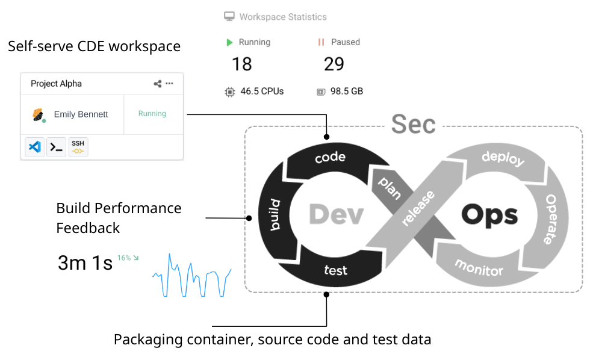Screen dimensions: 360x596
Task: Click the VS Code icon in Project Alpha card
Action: (35, 146)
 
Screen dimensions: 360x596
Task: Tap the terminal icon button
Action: (56, 146)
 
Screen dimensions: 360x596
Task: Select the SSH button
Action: (78, 146)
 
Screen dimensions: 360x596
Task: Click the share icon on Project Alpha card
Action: (158, 84)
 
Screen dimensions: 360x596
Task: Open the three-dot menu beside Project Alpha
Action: (170, 84)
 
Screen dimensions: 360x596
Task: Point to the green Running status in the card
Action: (152, 114)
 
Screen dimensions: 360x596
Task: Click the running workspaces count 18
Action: (242, 64)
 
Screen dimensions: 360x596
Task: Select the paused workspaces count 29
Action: (334, 64)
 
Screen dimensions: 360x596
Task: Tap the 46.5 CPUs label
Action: (262, 92)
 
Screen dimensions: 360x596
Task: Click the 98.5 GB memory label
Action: (347, 92)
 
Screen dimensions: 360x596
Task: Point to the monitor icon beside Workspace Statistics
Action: (229, 17)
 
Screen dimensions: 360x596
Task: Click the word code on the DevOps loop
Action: (331, 157)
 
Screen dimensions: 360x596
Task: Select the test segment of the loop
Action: (335, 270)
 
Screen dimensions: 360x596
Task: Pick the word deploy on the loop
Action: (503, 160)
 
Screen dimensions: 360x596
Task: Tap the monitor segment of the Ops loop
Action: (479, 267)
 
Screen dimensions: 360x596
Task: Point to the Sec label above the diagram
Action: (413, 124)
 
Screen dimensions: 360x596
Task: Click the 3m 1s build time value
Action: (85, 263)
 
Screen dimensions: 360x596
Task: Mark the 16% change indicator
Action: (128, 258)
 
